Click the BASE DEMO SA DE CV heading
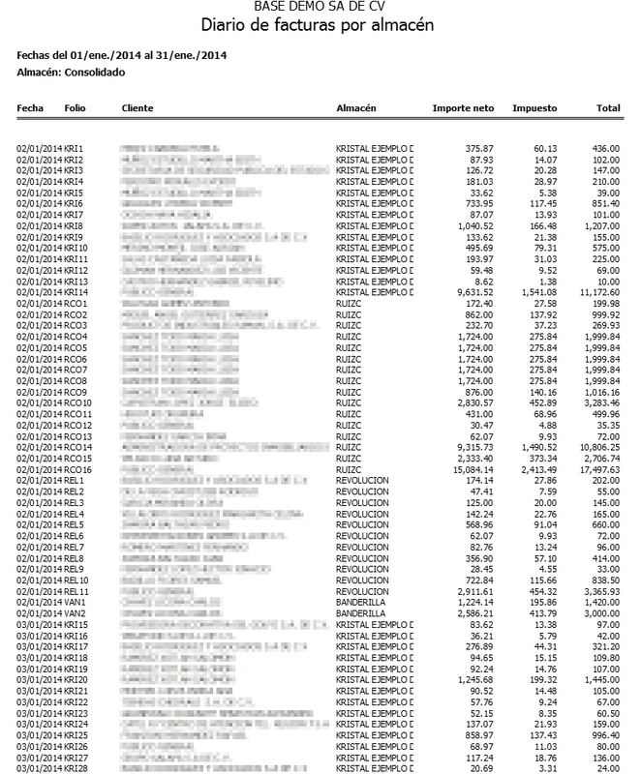tap(319, 6)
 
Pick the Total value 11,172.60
tap(598, 292)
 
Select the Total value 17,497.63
tap(598, 468)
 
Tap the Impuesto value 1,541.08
tap(536, 292)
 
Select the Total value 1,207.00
tap(601, 224)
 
